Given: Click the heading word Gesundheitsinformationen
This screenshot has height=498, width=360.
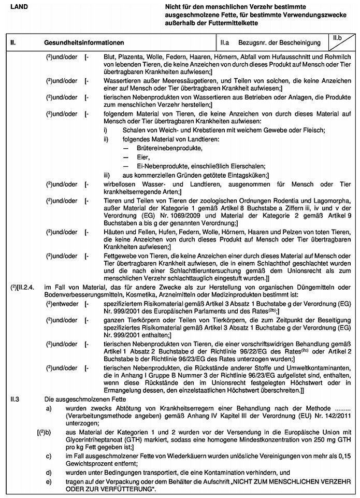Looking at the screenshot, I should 79,40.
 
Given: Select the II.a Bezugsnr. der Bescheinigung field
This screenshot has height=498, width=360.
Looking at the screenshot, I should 269,40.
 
